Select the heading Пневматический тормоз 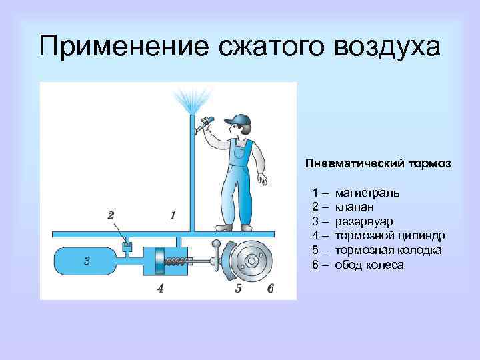pyautogui.click(x=378, y=163)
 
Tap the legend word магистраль pyautogui.click(x=367, y=193)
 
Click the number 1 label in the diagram pyautogui.click(x=173, y=215)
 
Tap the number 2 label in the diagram pyautogui.click(x=111, y=215)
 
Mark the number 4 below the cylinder pyautogui.click(x=159, y=289)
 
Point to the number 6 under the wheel pyautogui.click(x=269, y=289)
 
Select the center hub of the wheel pyautogui.click(x=252, y=259)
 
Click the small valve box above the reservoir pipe pyautogui.click(x=128, y=247)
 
